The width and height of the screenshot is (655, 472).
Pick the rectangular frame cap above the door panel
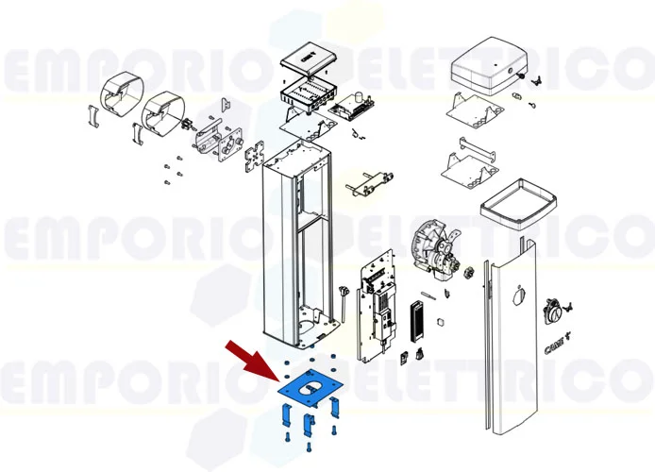point(515,204)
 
